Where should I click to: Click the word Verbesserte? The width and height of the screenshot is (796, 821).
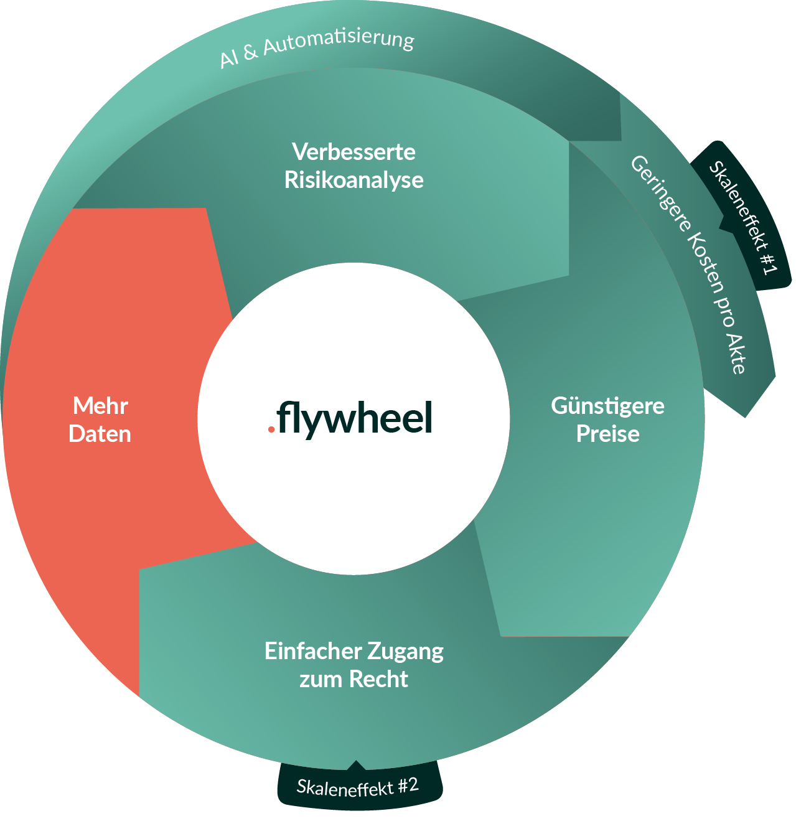coord(354,152)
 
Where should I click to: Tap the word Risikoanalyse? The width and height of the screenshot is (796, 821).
coord(354,180)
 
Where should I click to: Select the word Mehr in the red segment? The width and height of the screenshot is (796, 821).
coord(100,406)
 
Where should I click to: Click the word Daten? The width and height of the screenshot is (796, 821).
coord(100,434)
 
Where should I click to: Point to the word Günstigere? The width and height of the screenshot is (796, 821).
coord(607,406)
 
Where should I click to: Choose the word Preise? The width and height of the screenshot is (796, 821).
coord(607,434)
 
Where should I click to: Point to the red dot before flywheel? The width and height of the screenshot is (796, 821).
coord(271,429)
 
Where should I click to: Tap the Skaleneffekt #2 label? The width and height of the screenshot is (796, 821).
coord(357,787)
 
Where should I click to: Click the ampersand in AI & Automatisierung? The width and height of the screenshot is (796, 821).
coord(250,54)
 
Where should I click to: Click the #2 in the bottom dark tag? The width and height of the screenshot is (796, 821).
coord(408,784)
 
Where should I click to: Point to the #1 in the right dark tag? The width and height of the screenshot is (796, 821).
coord(767,262)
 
